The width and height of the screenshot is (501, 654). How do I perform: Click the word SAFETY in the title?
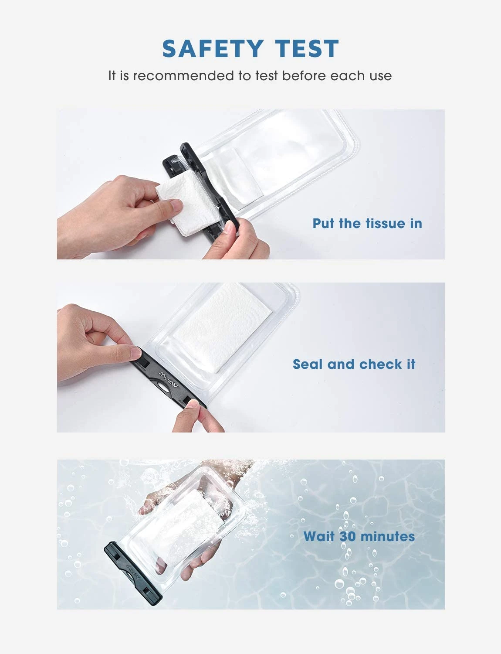point(213,48)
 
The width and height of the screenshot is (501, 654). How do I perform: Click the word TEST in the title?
point(307,48)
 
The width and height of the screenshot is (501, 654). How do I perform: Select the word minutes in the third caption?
point(387,536)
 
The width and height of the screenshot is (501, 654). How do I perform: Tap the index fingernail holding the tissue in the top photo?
point(177,205)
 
